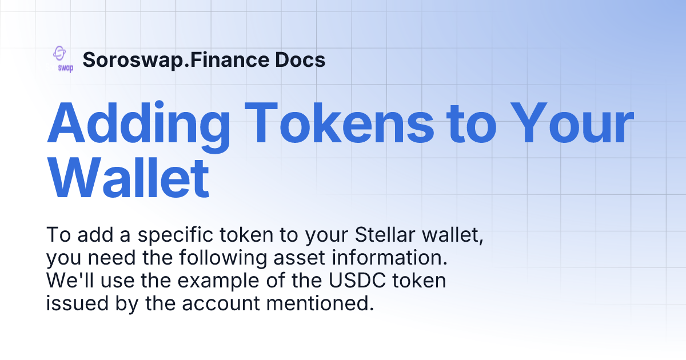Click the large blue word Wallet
coord(128,179)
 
